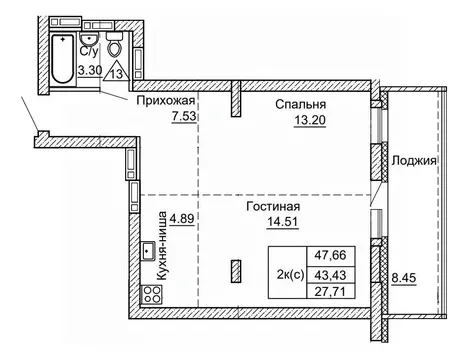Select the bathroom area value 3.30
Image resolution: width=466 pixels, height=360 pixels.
coord(88,71)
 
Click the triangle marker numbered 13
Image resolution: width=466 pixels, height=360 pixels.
coord(117,70)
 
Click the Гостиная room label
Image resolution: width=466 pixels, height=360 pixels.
coord(273,207)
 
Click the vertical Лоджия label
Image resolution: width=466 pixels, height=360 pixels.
coord(413,160)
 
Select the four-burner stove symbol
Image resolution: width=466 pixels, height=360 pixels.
coord(153,294)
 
